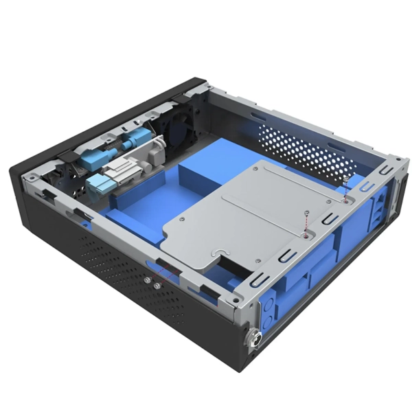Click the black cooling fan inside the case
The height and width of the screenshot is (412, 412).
tap(180, 130)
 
